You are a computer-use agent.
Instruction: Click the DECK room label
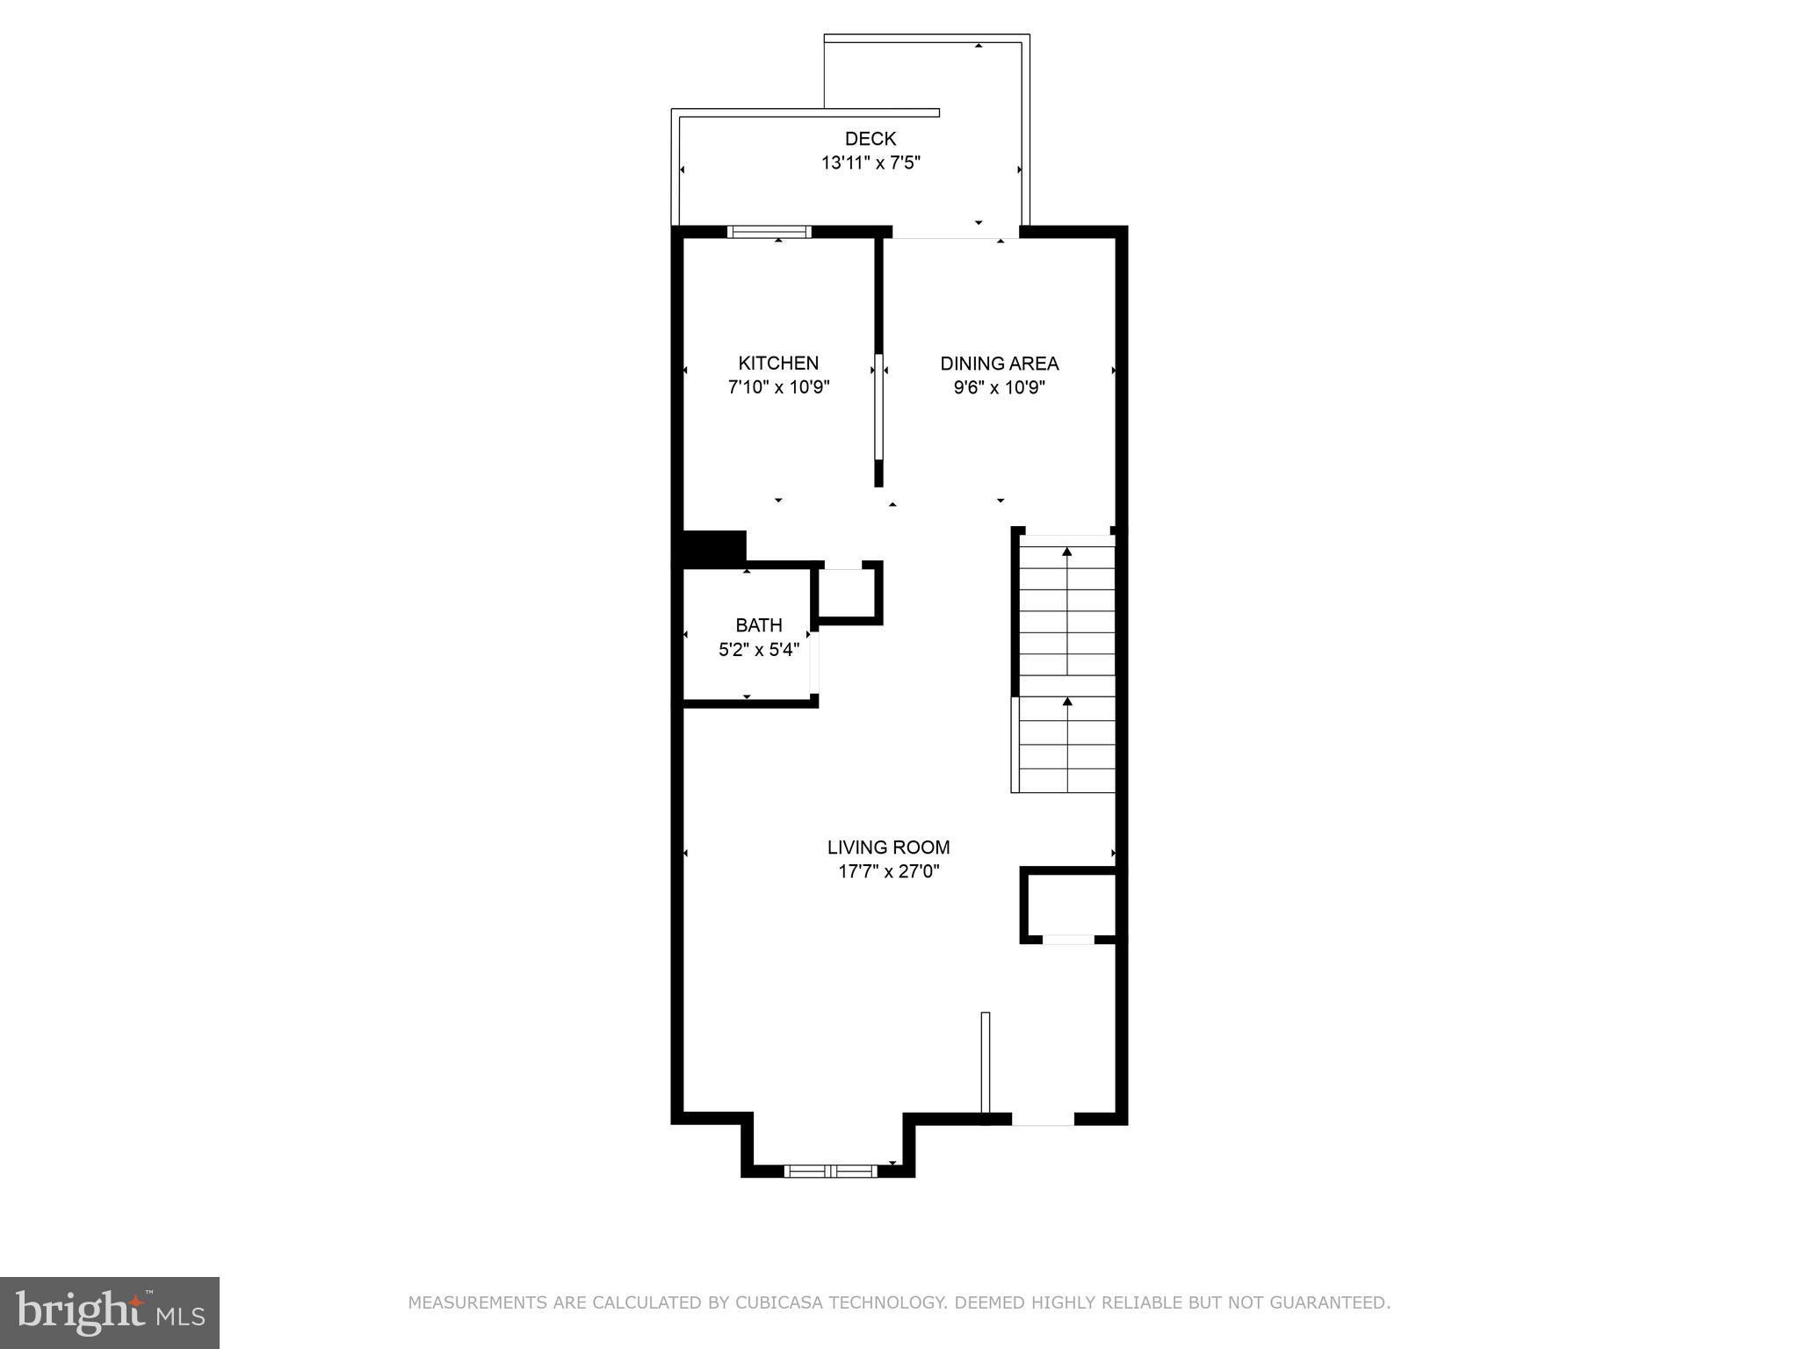click(x=870, y=139)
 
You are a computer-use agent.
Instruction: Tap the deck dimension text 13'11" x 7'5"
click(x=870, y=163)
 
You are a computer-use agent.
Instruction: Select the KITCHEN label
click(x=778, y=363)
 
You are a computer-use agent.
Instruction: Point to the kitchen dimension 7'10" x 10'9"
click(x=778, y=387)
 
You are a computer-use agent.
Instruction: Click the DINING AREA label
click(x=999, y=363)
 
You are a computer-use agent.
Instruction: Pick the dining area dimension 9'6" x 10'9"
click(x=999, y=387)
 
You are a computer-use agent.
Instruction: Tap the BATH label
click(x=758, y=625)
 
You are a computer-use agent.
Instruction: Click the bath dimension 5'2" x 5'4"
click(x=758, y=650)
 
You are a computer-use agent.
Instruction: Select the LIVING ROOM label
click(x=888, y=848)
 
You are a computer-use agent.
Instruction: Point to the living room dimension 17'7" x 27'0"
click(x=888, y=872)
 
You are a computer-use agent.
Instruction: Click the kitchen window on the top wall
click(x=769, y=232)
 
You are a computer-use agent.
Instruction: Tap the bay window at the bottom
click(x=830, y=1171)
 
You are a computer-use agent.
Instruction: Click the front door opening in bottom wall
click(x=1043, y=1119)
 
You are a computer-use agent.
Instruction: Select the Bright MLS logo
click(x=110, y=1313)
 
